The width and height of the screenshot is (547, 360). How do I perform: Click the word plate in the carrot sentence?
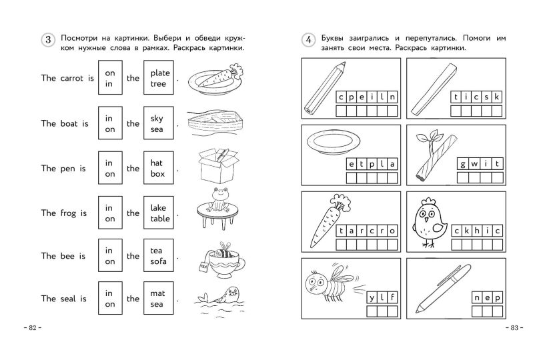(x=160, y=73)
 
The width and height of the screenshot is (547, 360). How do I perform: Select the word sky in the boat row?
(x=157, y=119)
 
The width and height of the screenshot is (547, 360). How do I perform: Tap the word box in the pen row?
(x=157, y=173)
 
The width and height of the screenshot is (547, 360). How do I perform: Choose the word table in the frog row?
(x=160, y=219)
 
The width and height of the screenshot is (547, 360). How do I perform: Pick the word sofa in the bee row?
(x=158, y=261)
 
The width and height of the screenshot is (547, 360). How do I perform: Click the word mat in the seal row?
(x=157, y=293)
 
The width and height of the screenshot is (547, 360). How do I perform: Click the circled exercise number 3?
(x=48, y=40)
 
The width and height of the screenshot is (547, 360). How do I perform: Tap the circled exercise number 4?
(x=308, y=40)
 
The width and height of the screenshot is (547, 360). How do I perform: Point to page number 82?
(x=33, y=327)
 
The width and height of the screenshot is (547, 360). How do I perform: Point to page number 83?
(x=514, y=327)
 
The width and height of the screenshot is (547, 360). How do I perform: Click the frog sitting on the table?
(x=217, y=200)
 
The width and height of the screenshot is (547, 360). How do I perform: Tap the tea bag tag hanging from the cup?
(x=203, y=267)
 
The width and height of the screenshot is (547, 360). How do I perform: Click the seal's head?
(x=233, y=293)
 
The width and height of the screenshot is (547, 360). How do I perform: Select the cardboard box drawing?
(x=218, y=166)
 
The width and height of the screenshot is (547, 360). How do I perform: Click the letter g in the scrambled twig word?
(x=462, y=164)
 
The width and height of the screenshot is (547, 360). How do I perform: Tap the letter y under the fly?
(x=372, y=298)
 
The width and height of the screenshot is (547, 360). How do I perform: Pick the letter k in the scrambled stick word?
(x=496, y=97)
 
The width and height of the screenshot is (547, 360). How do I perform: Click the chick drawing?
(x=429, y=222)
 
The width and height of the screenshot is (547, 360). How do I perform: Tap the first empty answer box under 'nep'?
(x=477, y=311)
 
